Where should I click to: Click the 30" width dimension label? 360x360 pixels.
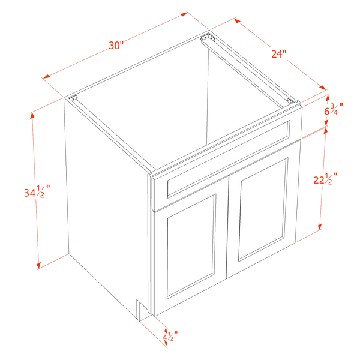(116, 45)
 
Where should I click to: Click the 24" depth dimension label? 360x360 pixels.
(279, 54)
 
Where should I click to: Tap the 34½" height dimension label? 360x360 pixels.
(37, 191)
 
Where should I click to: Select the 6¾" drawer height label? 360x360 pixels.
(334, 109)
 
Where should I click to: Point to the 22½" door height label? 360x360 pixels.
(326, 179)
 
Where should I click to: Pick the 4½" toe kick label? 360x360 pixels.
(170, 336)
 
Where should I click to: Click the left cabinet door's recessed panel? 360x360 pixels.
(191, 247)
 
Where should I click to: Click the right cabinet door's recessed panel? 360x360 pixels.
(263, 209)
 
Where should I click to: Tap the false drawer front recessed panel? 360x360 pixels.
(229, 159)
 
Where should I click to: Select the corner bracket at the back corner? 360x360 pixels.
(208, 37)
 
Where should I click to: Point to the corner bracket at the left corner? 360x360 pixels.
(73, 98)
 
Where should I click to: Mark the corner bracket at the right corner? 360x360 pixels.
(290, 101)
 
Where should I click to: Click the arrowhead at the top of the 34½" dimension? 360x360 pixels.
(32, 115)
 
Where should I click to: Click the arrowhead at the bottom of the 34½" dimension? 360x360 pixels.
(38, 265)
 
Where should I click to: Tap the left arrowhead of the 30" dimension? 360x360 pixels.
(46, 77)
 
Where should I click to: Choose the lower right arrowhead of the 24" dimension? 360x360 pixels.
(323, 88)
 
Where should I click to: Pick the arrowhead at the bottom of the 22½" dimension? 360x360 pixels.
(320, 227)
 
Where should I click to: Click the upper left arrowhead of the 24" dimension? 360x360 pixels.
(238, 20)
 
